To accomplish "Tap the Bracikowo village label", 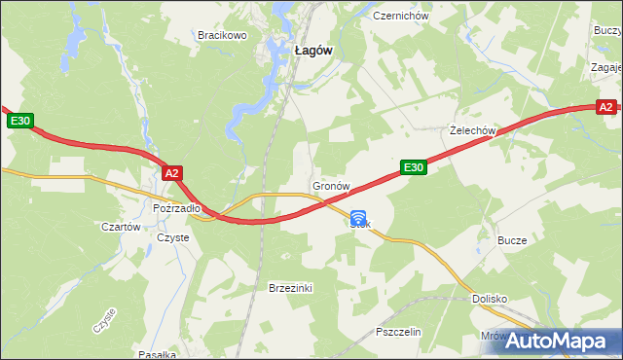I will (223, 35).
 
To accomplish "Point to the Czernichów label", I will (401, 16).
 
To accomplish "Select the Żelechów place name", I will (474, 130).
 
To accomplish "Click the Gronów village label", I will (330, 185).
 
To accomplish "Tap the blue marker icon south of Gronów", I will (359, 219).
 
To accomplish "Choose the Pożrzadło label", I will (176, 208).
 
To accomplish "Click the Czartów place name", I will (122, 227).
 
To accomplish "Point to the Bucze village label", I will (512, 240).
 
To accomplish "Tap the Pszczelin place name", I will (397, 332).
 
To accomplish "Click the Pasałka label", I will (156, 354).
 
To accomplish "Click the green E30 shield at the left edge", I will (21, 121).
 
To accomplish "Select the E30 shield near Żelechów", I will (414, 167).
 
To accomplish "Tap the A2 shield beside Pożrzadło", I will (171, 173).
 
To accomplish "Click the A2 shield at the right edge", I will (605, 106).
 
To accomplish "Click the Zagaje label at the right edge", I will (607, 67).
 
